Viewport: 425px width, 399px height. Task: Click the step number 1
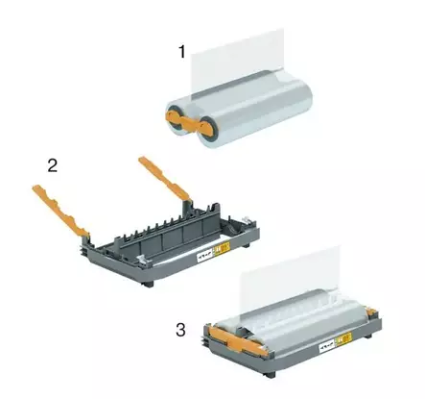[x=181, y=52]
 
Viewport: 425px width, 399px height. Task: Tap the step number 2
[x=53, y=165]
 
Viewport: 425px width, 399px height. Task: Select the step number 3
[x=180, y=330]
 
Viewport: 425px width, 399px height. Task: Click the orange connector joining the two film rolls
[x=189, y=123]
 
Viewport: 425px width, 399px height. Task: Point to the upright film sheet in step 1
[x=237, y=61]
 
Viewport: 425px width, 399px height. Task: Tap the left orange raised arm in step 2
[x=59, y=212]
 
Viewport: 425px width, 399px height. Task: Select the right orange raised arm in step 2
[x=164, y=177]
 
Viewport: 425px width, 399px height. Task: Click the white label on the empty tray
[x=204, y=255]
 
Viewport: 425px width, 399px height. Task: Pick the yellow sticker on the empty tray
[x=223, y=248]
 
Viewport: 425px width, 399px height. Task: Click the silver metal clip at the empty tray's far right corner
[x=246, y=220]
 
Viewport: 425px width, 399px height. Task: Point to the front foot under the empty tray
[x=149, y=284]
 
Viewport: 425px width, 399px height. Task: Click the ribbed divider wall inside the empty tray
[x=170, y=230]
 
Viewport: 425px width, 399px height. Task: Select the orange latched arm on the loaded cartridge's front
[x=238, y=340]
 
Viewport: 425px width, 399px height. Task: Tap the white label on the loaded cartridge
[x=328, y=346]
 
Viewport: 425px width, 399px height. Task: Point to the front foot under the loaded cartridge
[x=271, y=374]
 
